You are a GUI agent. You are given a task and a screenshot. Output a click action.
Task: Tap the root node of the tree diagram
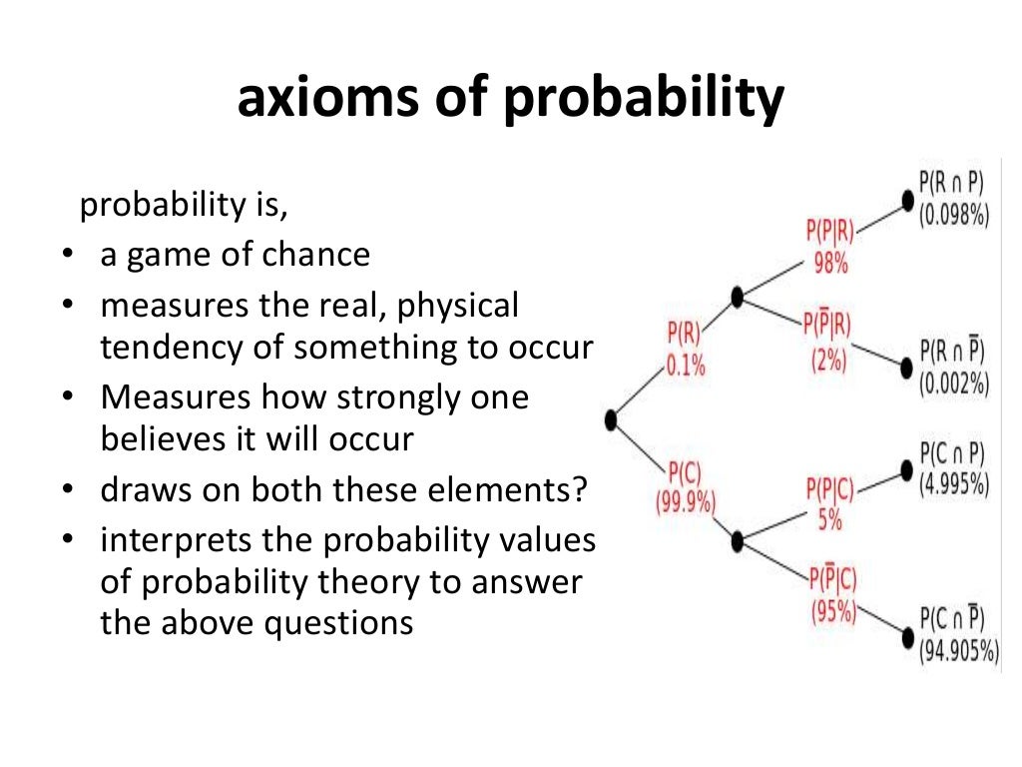coord(611,420)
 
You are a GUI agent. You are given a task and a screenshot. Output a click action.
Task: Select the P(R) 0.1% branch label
coord(686,347)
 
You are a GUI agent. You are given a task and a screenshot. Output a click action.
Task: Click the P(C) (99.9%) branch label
coord(686,487)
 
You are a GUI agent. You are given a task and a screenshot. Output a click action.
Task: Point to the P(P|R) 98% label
coord(830,247)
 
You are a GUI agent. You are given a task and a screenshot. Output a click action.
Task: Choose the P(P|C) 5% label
coord(830,502)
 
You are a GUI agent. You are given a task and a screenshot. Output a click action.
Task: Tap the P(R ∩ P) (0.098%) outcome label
coord(953,200)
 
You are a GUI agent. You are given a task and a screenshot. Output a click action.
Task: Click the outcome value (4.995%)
coord(953,486)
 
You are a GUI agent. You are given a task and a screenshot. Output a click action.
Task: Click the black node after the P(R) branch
coord(738,297)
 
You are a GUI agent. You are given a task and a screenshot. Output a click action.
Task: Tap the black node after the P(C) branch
coord(738,542)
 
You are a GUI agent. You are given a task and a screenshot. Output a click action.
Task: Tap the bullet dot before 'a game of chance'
coord(66,257)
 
